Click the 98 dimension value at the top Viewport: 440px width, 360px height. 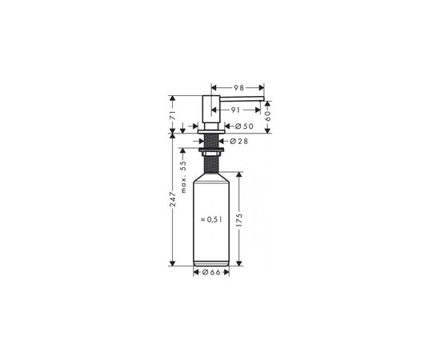(239, 88)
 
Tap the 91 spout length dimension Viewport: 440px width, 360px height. (236, 110)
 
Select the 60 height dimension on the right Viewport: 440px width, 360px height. (268, 116)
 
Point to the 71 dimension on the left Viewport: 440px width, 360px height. (173, 115)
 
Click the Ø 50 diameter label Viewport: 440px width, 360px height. (244, 126)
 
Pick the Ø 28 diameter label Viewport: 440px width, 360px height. (239, 142)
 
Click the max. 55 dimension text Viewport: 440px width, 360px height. (183, 177)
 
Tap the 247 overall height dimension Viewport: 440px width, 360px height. (173, 199)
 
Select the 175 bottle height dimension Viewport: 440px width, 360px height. (239, 220)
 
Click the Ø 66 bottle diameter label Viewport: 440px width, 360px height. (211, 272)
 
